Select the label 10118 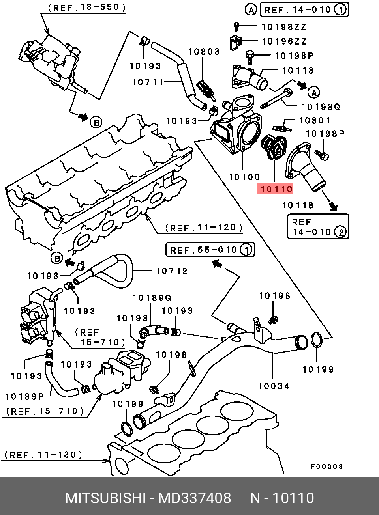(298, 205)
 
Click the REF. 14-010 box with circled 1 (304, 10)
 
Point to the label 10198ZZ (284, 27)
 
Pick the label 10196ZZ (284, 41)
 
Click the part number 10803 (204, 52)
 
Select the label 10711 (148, 82)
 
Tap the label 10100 (244, 177)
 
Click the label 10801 (315, 120)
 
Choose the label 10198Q (321, 107)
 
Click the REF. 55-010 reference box (210, 250)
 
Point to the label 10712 (172, 271)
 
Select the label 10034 (274, 386)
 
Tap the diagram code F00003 (326, 467)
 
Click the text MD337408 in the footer (195, 498)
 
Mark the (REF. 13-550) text (86, 7)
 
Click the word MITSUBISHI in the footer (105, 498)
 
